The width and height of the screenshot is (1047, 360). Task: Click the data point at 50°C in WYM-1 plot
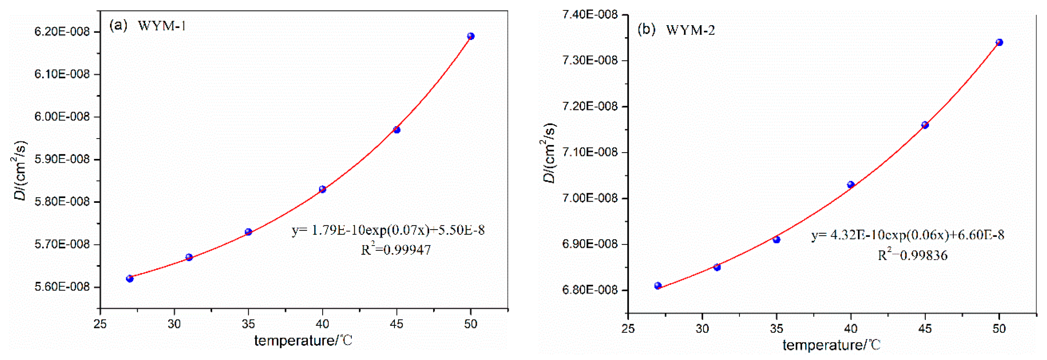pos(471,36)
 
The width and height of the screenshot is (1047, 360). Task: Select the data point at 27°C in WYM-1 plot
pos(130,278)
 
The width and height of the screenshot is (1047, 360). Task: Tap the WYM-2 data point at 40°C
pos(851,184)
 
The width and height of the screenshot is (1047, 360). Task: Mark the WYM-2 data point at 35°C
pos(776,239)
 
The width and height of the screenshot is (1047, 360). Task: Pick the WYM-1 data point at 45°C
pos(397,130)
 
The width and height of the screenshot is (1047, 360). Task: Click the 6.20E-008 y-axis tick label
pos(62,32)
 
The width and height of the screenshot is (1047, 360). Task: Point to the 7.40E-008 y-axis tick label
pos(590,15)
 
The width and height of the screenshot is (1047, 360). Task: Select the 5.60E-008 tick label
pos(62,287)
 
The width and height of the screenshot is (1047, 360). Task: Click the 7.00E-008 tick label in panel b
pos(590,198)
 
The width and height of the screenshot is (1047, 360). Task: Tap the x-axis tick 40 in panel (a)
pos(322,324)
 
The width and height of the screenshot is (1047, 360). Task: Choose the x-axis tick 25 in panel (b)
pos(628,328)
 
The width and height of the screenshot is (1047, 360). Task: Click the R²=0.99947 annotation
pos(395,249)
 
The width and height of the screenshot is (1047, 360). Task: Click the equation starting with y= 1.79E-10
pos(388,230)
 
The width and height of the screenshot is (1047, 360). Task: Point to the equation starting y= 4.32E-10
pos(908,235)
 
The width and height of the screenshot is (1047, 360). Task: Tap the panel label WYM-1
pos(162,26)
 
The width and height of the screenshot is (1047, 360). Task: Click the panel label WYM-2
pos(690,30)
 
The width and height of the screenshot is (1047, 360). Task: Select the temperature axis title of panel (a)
pos(303,340)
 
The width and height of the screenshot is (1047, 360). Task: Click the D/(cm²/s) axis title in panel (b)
pos(549,152)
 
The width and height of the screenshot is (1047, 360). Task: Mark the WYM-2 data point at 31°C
pos(717,267)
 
